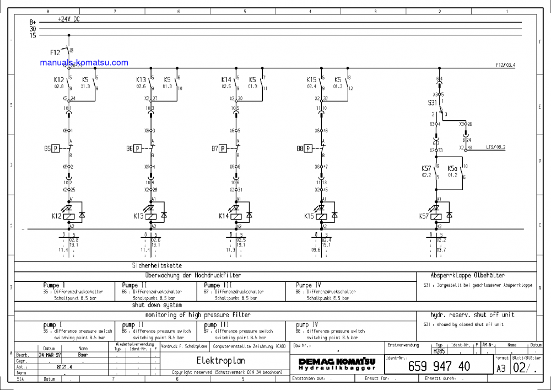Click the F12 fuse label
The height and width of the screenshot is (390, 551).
coord(55,52)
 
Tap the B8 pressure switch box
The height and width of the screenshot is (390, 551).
coord(308,148)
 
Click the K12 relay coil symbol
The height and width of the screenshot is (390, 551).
coord(69,217)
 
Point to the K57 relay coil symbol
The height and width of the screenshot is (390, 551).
coord(438,217)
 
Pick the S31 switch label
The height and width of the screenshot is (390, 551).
coord(432,103)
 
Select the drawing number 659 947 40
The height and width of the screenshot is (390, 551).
coord(439,366)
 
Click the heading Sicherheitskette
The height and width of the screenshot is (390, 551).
coord(156,265)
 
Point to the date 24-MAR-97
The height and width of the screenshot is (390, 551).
coord(50,355)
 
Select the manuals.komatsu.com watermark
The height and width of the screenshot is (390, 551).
coord(84,63)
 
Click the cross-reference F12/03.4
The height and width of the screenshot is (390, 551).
coord(505,65)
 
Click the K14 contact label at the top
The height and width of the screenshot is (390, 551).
coord(226,79)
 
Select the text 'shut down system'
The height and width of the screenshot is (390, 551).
coord(156,305)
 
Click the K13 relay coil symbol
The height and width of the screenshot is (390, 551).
coord(153,217)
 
